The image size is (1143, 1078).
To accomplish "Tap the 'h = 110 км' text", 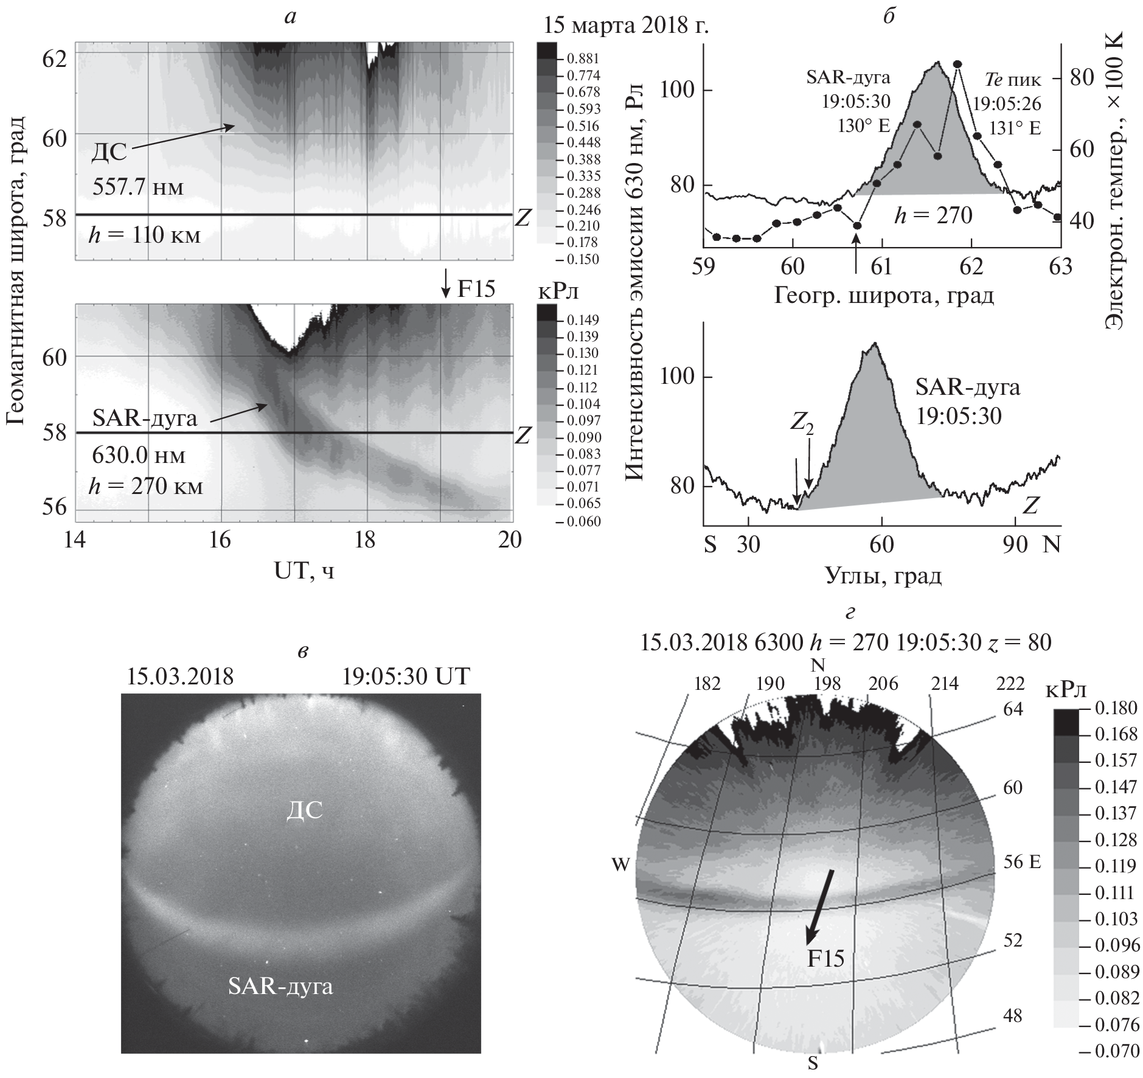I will (x=145, y=235).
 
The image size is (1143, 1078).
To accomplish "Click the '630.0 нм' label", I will (x=138, y=455).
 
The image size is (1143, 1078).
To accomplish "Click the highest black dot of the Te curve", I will (x=957, y=64).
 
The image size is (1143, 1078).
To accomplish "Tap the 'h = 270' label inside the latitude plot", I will (x=933, y=215).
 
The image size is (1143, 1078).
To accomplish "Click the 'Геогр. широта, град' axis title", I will (x=884, y=296).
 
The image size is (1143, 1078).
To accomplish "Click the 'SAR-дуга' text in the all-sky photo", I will (x=280, y=986).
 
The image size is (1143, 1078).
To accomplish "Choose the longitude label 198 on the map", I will (x=827, y=684).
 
